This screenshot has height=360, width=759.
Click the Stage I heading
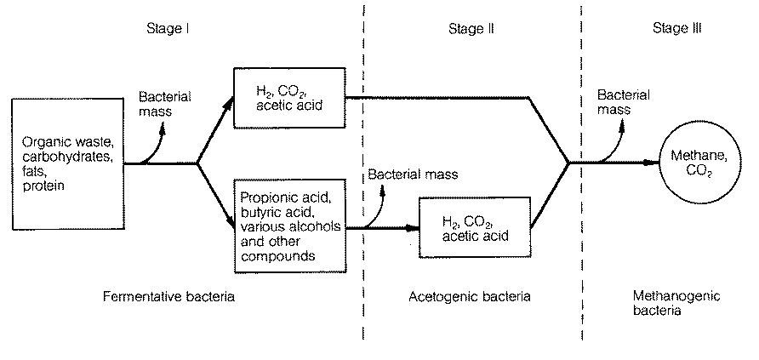pos(167,29)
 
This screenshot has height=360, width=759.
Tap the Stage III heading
pos(676,29)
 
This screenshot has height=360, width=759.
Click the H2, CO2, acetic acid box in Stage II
pos(475,229)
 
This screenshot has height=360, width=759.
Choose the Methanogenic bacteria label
pos(677,304)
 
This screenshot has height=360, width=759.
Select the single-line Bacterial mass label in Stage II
pos(412,174)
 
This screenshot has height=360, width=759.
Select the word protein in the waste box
pos(42,186)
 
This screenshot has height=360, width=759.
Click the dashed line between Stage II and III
pos(582,255)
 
